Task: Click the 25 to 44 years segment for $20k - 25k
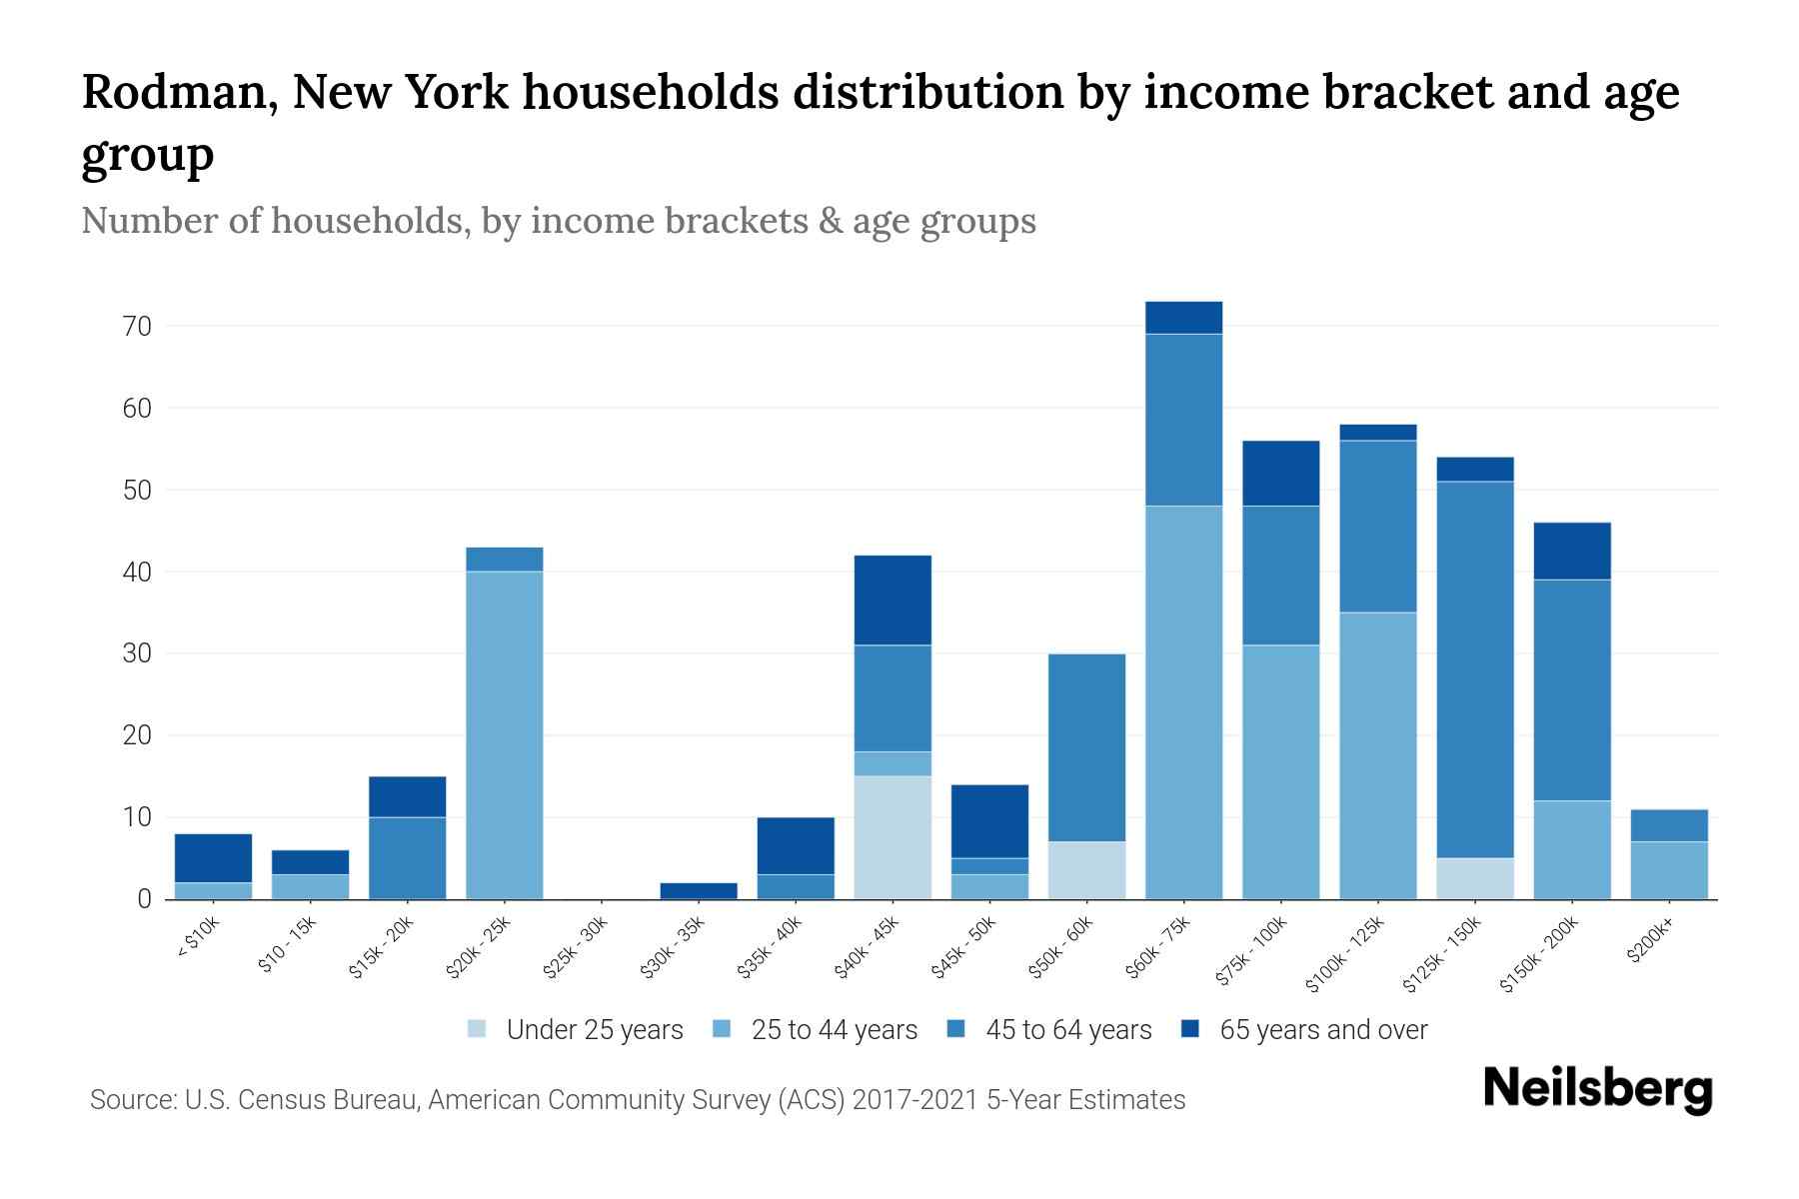tap(505, 734)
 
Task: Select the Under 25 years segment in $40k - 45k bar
tap(893, 837)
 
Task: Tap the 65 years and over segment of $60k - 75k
tap(1183, 318)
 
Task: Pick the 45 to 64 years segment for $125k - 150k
tap(1475, 669)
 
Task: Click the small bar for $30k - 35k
tap(699, 890)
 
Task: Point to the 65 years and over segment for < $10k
tap(213, 857)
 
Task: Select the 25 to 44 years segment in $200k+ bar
tap(1669, 870)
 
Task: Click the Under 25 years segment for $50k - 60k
tap(1086, 870)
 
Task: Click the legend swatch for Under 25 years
tap(478, 1029)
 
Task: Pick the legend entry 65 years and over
tap(1322, 1029)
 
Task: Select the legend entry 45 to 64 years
tap(1067, 1029)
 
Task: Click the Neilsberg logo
tap(1597, 1089)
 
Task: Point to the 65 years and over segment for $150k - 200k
tap(1572, 551)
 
